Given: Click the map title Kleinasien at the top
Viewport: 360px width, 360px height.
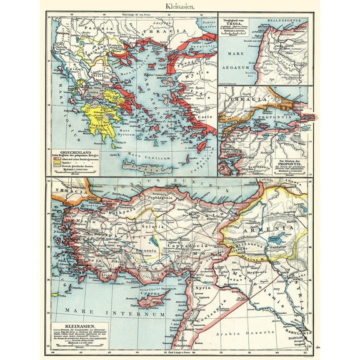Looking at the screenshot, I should tap(179, 6).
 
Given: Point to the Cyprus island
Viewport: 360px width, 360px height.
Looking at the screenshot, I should tap(153, 299).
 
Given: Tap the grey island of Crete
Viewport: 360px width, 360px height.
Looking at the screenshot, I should tap(144, 166).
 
